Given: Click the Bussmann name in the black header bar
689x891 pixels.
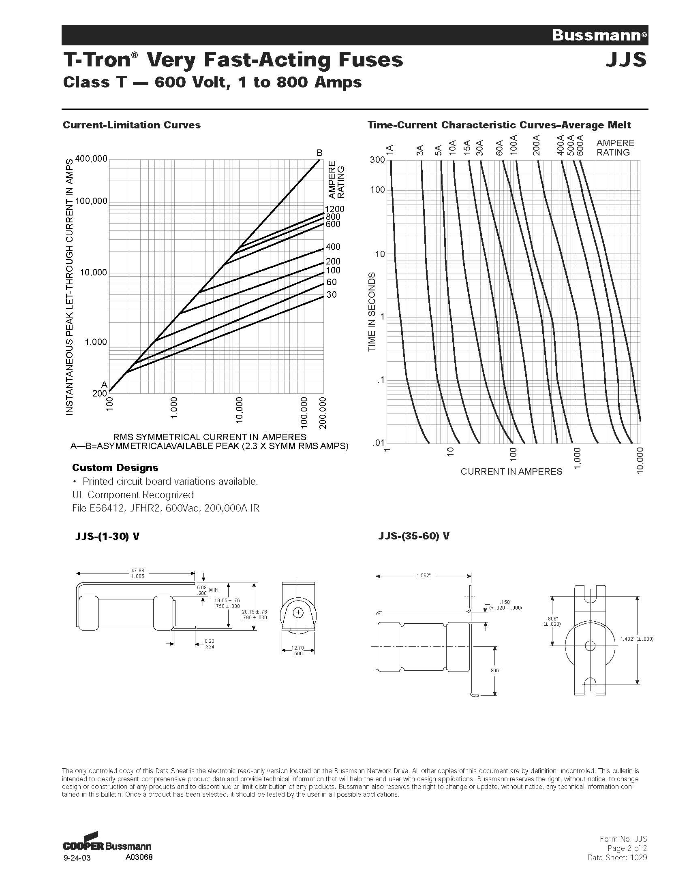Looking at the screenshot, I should click(597, 35).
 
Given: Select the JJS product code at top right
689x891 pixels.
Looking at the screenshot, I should click(626, 60).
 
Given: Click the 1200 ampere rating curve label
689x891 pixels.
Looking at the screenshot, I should click(335, 209).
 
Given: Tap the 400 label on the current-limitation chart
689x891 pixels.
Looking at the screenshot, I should click(333, 247).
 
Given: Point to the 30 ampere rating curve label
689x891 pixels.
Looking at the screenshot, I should click(332, 294).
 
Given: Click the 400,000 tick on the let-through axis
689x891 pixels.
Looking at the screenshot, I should click(92, 158).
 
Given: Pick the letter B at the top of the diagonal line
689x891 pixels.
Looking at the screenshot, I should click(320, 153).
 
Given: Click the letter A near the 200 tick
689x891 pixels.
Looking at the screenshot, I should click(104, 384).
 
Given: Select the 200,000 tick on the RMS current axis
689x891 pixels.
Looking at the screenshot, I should click(323, 413).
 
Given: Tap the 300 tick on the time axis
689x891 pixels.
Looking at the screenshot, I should click(377, 160).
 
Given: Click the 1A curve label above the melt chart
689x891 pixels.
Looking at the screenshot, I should click(390, 149).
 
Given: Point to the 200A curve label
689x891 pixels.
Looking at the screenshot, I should click(536, 146).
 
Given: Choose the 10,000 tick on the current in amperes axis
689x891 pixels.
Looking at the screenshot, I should click(640, 460).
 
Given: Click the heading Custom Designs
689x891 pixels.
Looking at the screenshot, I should click(115, 467).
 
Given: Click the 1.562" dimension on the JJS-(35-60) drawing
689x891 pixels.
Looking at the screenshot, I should click(423, 575).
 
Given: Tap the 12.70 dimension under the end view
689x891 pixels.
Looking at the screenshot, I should click(297, 648).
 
